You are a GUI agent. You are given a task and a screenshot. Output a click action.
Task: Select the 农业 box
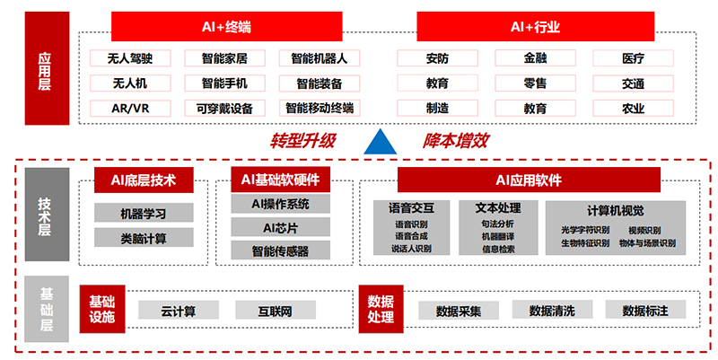(633, 109)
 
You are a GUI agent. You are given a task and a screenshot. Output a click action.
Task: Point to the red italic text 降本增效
(455, 141)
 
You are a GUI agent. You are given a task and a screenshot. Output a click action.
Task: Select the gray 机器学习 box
(144, 214)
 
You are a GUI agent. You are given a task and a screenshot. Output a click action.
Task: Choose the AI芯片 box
(280, 228)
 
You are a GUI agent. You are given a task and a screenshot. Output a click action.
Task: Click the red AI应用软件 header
(529, 180)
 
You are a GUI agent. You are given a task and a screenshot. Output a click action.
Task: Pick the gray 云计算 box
(178, 311)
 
